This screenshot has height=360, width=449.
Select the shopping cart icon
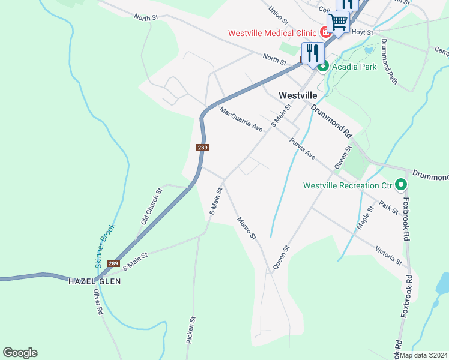pos(339,23)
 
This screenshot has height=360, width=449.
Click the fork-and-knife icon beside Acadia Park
pos(312,53)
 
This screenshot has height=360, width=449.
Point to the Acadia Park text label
pos(354,67)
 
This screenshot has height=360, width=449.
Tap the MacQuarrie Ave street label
pos(241,120)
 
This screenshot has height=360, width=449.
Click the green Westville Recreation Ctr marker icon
pos(401,185)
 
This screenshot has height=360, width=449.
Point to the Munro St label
pos(246,229)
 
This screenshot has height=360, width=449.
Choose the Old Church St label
pos(152,206)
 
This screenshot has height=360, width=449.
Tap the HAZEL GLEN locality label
pos(94,281)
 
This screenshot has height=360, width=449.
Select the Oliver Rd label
pos(98,302)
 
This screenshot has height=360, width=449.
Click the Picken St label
pos(192,330)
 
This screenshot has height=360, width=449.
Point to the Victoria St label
pos(388,255)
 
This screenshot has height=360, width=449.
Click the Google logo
pos(20,353)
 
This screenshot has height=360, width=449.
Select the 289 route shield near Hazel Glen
pos(113,263)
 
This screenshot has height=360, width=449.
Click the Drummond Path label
pos(390,61)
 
